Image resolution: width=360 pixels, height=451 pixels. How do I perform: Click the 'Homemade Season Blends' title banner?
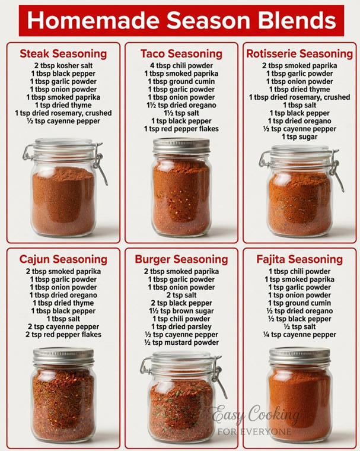click(181, 20)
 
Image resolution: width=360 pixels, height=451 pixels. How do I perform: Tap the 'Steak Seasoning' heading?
click(63, 54)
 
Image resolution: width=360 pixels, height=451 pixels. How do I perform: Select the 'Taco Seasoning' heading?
click(181, 54)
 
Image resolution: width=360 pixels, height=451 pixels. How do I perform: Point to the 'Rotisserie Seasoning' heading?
click(300, 54)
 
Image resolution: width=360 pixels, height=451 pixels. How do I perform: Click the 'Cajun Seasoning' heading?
click(63, 259)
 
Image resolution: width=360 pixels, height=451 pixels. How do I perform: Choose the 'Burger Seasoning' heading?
click(181, 259)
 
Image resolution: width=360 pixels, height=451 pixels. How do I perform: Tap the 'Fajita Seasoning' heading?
click(300, 259)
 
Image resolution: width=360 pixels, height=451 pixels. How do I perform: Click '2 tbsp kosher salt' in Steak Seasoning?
click(63, 66)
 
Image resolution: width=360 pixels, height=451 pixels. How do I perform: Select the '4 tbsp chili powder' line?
click(181, 66)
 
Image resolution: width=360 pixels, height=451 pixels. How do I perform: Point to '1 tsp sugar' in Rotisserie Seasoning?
click(300, 137)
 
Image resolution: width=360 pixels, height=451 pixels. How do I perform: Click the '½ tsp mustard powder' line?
click(181, 342)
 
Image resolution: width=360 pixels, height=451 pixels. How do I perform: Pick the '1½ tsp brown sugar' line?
click(181, 311)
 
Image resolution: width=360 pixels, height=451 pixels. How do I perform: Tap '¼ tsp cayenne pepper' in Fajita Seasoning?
click(300, 335)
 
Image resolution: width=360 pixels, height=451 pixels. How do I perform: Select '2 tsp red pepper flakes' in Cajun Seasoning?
click(63, 335)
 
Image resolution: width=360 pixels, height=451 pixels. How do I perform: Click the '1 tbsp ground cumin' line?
click(181, 81)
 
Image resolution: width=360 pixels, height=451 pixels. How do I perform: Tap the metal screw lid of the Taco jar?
click(181, 146)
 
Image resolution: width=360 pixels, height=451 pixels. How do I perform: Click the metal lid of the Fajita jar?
click(300, 355)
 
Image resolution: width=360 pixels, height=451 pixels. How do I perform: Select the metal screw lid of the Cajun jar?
click(63, 356)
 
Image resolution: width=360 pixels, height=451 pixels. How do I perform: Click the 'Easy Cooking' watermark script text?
click(256, 415)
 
